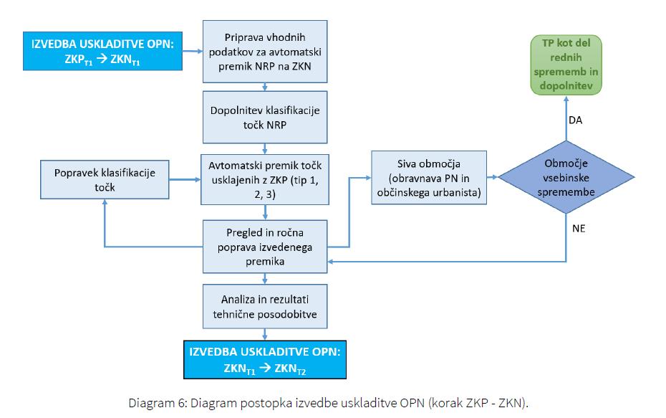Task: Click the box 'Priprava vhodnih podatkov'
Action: pyautogui.click(x=265, y=52)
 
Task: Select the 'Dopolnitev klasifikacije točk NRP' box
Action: pyautogui.click(x=265, y=118)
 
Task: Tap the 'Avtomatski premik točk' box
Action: pyautogui.click(x=265, y=179)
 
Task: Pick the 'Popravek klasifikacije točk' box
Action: pyautogui.click(x=105, y=179)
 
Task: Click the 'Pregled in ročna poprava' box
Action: pyautogui.click(x=265, y=247)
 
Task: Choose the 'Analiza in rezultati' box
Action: pyautogui.click(x=265, y=306)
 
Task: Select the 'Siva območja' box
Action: pyautogui.click(x=429, y=178)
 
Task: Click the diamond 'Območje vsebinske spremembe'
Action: pyautogui.click(x=566, y=177)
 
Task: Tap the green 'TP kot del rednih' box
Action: pyautogui.click(x=566, y=65)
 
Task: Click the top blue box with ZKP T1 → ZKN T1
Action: pyautogui.click(x=103, y=51)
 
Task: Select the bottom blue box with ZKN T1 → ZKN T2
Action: pyautogui.click(x=265, y=360)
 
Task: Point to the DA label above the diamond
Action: pyautogui.click(x=576, y=120)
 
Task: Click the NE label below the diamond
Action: pyautogui.click(x=579, y=229)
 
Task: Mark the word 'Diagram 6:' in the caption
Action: pyautogui.click(x=158, y=403)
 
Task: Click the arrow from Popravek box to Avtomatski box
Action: pyautogui.click(x=185, y=179)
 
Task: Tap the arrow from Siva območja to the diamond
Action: pyautogui.click(x=492, y=177)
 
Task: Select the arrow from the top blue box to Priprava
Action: pyautogui.click(x=193, y=51)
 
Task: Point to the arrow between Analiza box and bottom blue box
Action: pyautogui.click(x=265, y=334)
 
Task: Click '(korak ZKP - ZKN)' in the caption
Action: pyautogui.click(x=478, y=403)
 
